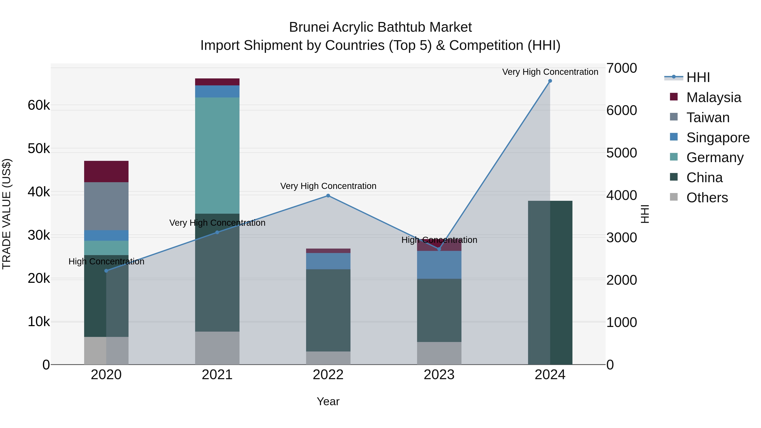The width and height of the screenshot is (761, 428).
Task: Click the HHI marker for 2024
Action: [x=550, y=81]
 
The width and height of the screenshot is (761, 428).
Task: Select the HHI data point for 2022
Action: [x=328, y=196]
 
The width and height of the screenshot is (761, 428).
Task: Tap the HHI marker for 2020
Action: [x=106, y=271]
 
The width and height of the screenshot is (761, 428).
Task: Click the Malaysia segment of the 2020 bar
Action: [x=106, y=171]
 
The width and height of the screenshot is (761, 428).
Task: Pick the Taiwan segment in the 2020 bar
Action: [x=106, y=206]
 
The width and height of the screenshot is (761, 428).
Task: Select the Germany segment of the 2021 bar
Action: [x=217, y=155]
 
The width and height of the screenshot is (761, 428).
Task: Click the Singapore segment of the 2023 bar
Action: [x=439, y=265]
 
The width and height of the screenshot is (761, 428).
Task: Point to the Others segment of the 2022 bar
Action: [x=328, y=358]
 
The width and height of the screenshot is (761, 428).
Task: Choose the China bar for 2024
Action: [x=550, y=282]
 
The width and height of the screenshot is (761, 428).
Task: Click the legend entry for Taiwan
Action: [x=708, y=118]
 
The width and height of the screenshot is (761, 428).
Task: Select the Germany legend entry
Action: [x=715, y=157]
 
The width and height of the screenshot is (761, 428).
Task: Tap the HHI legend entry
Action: [x=698, y=77]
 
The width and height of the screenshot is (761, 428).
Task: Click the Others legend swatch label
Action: [x=707, y=198]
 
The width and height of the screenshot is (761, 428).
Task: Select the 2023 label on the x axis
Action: [x=439, y=375]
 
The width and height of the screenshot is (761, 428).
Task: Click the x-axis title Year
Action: [x=328, y=401]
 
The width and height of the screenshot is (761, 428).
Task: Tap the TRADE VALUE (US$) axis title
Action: [x=7, y=214]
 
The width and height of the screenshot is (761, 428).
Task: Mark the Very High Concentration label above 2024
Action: [x=550, y=72]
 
